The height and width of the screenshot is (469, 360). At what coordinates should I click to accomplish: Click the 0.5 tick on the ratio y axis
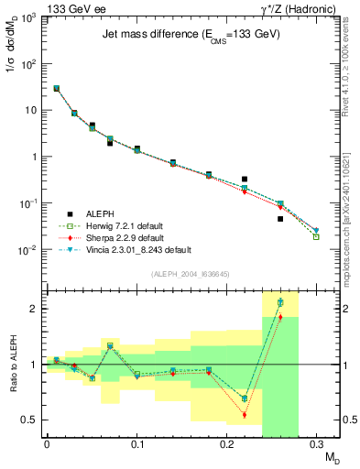(x=32, y=420)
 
